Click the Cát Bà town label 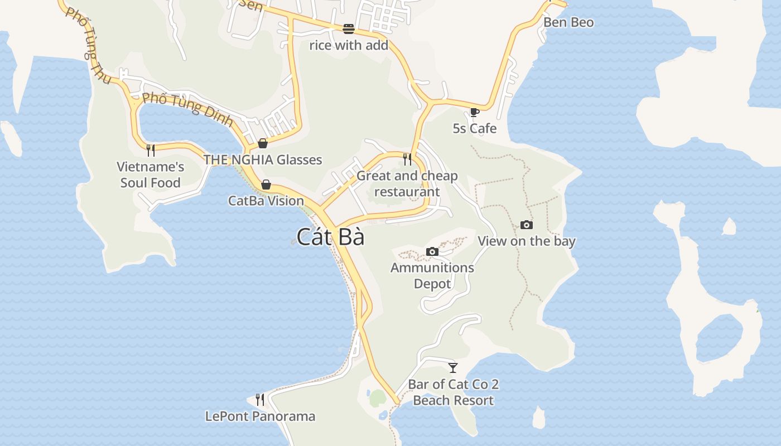(330, 237)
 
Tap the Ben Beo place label (568, 22)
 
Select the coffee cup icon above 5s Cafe (474, 112)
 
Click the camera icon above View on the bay (526, 225)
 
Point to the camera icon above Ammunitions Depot (432, 252)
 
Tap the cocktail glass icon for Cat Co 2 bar (453, 368)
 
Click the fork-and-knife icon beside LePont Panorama (260, 399)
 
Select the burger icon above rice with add (349, 29)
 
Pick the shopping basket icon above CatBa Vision (266, 185)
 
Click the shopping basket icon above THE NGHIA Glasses (263, 144)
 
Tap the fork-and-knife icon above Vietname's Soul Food (150, 150)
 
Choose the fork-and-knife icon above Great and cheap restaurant (407, 159)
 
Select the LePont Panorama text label (260, 416)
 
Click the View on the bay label (526, 241)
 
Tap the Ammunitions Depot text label (432, 275)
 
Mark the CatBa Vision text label (266, 201)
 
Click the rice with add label (349, 45)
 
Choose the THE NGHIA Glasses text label (263, 160)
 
